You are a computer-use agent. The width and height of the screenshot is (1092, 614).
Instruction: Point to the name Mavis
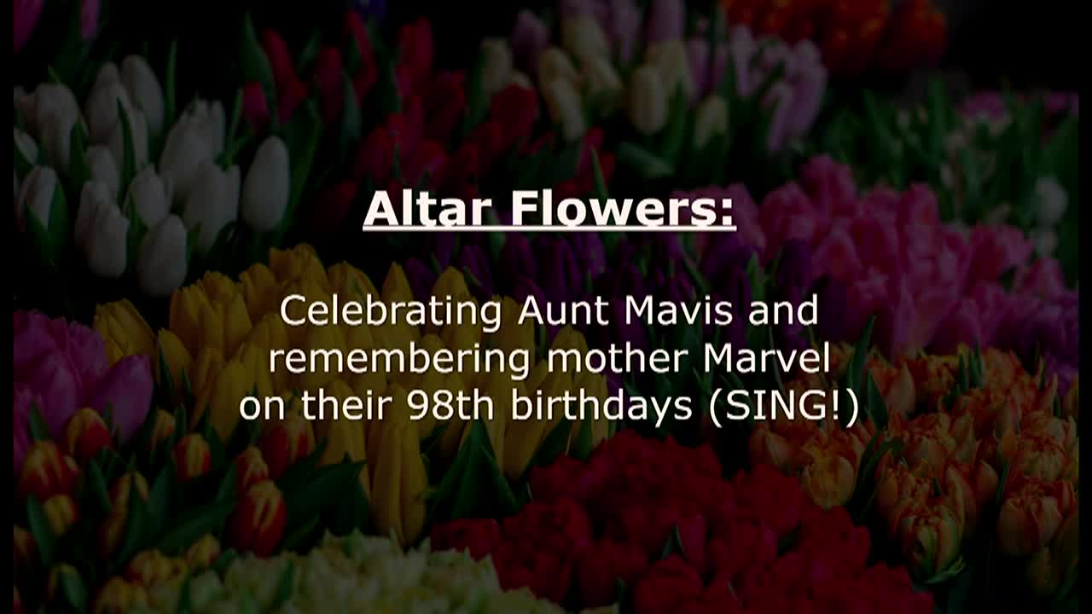tap(678, 311)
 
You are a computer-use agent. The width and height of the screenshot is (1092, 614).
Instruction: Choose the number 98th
tap(450, 406)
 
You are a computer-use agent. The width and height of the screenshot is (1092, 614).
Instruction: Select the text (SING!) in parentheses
tap(783, 407)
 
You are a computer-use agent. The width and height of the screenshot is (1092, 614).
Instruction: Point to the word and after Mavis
tap(782, 311)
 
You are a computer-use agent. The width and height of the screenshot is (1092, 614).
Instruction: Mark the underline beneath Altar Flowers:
tap(549, 229)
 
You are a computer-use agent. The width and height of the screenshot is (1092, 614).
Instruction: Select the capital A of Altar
tap(380, 209)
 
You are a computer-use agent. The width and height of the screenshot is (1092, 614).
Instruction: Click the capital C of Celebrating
tap(292, 312)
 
